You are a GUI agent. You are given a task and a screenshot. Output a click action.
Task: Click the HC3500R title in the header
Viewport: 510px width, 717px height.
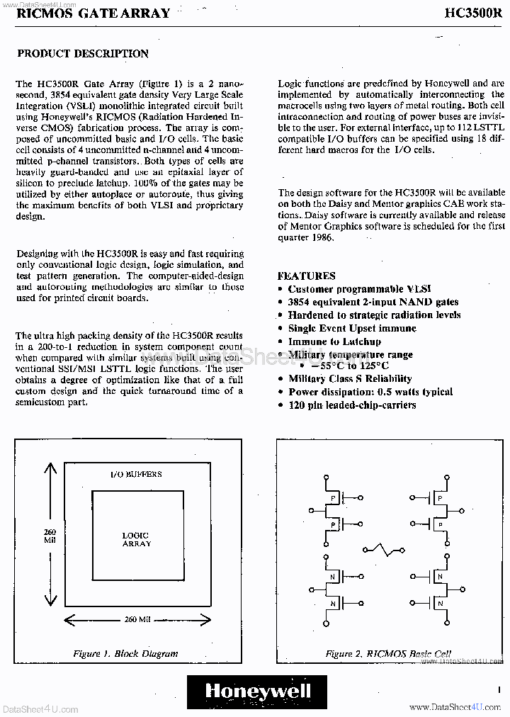[475, 13]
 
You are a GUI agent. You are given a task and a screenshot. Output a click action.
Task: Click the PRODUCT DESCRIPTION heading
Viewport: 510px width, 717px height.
[83, 54]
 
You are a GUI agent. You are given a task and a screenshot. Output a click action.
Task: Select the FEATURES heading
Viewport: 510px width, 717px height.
[306, 276]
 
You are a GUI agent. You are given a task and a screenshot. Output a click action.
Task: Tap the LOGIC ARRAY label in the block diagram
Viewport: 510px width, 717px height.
[136, 539]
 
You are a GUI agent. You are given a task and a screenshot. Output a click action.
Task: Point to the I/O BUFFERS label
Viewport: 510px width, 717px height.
[137, 474]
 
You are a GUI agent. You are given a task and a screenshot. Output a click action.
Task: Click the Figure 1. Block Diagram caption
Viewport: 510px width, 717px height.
[125, 653]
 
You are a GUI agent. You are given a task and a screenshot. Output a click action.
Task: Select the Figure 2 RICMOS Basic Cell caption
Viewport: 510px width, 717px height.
[388, 653]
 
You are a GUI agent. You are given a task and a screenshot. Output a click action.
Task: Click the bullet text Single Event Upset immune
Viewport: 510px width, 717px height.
[352, 328]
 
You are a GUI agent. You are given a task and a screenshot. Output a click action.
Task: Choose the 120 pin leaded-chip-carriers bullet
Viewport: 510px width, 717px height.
[351, 405]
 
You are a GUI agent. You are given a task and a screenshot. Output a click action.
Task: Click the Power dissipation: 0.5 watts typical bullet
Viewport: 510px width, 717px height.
[370, 392]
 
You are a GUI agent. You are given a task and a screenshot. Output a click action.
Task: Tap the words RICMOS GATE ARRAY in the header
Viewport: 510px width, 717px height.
[93, 13]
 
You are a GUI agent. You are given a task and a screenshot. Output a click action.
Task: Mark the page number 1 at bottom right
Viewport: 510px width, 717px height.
[499, 687]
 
